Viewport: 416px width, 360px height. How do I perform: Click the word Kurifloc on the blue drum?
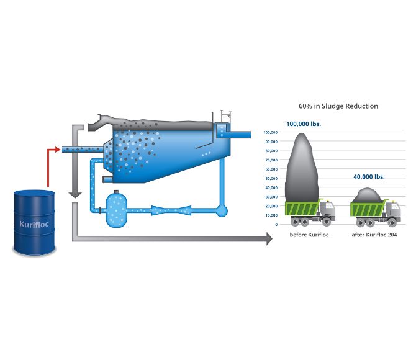34,223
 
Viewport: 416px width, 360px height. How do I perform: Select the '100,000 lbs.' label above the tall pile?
300,124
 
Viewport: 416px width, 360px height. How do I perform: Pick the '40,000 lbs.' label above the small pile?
369,176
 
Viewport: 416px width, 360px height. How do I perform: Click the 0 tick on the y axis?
276,224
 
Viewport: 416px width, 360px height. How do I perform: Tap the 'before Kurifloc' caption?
309,235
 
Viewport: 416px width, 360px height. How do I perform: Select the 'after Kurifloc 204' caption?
374,235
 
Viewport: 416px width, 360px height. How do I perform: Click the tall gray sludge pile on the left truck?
302,168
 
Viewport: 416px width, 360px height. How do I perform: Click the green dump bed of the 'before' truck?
302,209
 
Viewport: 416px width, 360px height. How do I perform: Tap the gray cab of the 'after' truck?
392,210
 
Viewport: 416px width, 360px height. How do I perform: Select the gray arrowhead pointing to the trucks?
268,238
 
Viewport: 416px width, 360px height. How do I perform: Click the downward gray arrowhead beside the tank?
75,194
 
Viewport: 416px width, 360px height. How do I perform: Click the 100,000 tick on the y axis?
270,132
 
